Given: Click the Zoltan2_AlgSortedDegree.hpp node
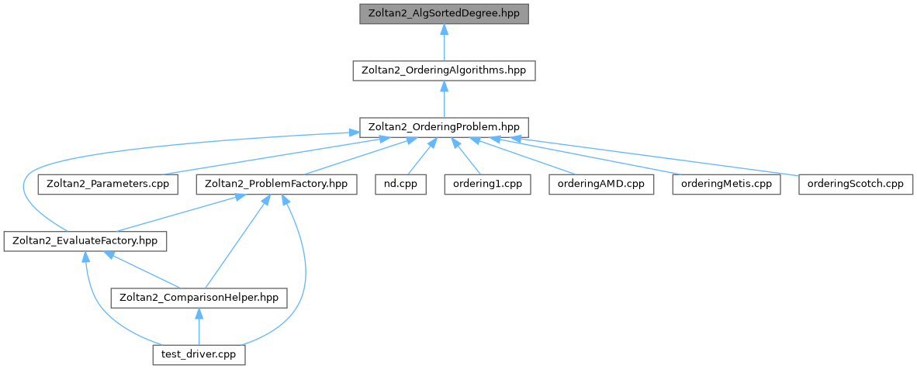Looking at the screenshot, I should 444,13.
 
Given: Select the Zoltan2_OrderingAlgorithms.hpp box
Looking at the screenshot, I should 444,70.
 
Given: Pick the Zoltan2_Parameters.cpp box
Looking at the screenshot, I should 108,184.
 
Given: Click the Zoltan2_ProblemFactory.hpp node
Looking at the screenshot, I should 277,184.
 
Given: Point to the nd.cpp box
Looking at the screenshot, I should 400,184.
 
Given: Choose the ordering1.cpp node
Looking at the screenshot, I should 488,184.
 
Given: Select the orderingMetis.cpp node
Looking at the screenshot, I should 726,184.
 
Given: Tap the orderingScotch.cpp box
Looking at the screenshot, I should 856,184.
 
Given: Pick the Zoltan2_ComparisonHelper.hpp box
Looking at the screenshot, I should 199,298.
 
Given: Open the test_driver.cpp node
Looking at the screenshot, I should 199,355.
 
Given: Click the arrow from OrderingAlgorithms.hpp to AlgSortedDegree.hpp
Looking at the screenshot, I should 444,42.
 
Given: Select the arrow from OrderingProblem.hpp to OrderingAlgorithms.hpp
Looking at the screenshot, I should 444,98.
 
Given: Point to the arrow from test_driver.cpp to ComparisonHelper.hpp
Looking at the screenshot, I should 199,326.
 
